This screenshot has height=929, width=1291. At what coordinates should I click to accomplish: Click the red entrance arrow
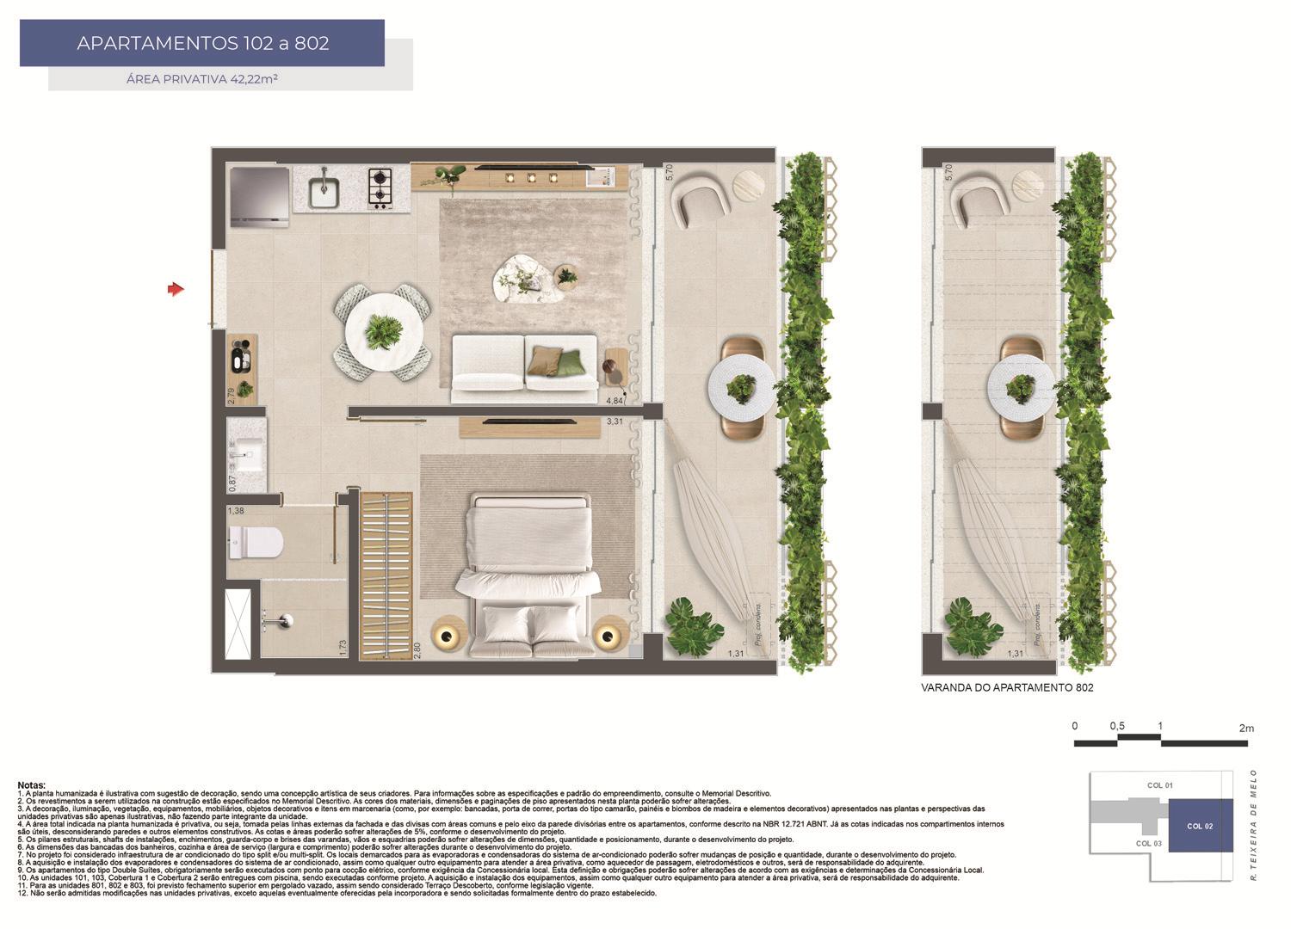[x=176, y=290]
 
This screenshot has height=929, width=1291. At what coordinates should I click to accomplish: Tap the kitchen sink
[x=324, y=191]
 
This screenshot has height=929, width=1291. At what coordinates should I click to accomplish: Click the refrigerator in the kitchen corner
[x=260, y=196]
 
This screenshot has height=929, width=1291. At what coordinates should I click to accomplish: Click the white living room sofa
[x=524, y=368]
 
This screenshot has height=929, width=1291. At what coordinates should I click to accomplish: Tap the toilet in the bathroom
[x=257, y=542]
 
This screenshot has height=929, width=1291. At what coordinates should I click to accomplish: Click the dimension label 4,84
[x=615, y=401]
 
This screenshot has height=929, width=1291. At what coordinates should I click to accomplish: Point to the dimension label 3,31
[x=615, y=421]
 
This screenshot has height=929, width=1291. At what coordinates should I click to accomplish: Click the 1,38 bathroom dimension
[x=236, y=511]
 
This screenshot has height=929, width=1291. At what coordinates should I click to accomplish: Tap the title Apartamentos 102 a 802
[x=202, y=43]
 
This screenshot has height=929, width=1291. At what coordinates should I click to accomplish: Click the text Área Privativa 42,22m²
[x=202, y=79]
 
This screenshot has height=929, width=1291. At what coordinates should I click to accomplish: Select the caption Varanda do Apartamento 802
[x=1007, y=688]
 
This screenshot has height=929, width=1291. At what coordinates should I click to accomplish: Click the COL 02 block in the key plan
[x=1200, y=826]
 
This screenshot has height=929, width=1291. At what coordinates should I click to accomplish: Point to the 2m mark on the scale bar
[x=1246, y=728]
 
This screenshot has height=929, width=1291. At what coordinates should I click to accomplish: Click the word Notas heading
[x=32, y=785]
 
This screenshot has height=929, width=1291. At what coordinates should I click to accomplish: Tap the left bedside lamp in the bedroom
[x=447, y=637]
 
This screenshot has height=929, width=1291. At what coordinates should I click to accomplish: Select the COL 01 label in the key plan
[x=1160, y=785]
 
